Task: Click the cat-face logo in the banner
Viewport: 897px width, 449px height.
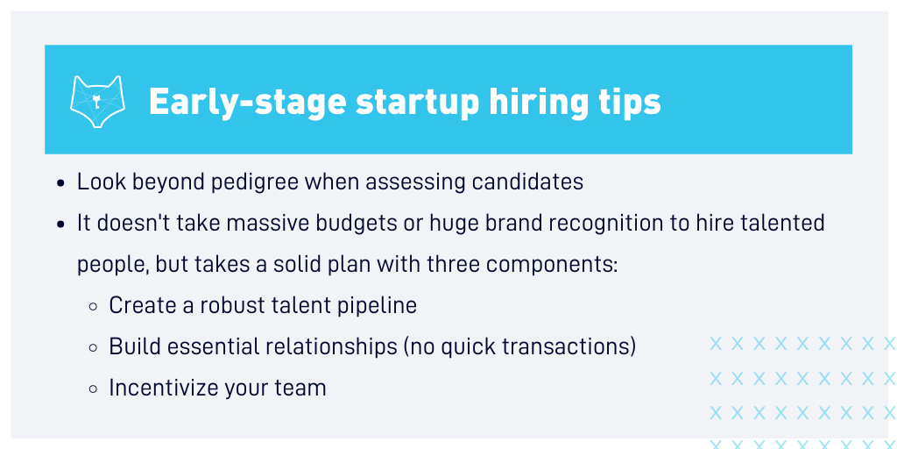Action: coord(97,102)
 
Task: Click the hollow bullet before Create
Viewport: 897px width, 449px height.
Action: coord(93,307)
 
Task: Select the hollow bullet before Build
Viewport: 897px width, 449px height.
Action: coord(93,348)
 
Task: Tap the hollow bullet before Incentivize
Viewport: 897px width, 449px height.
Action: coord(93,389)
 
